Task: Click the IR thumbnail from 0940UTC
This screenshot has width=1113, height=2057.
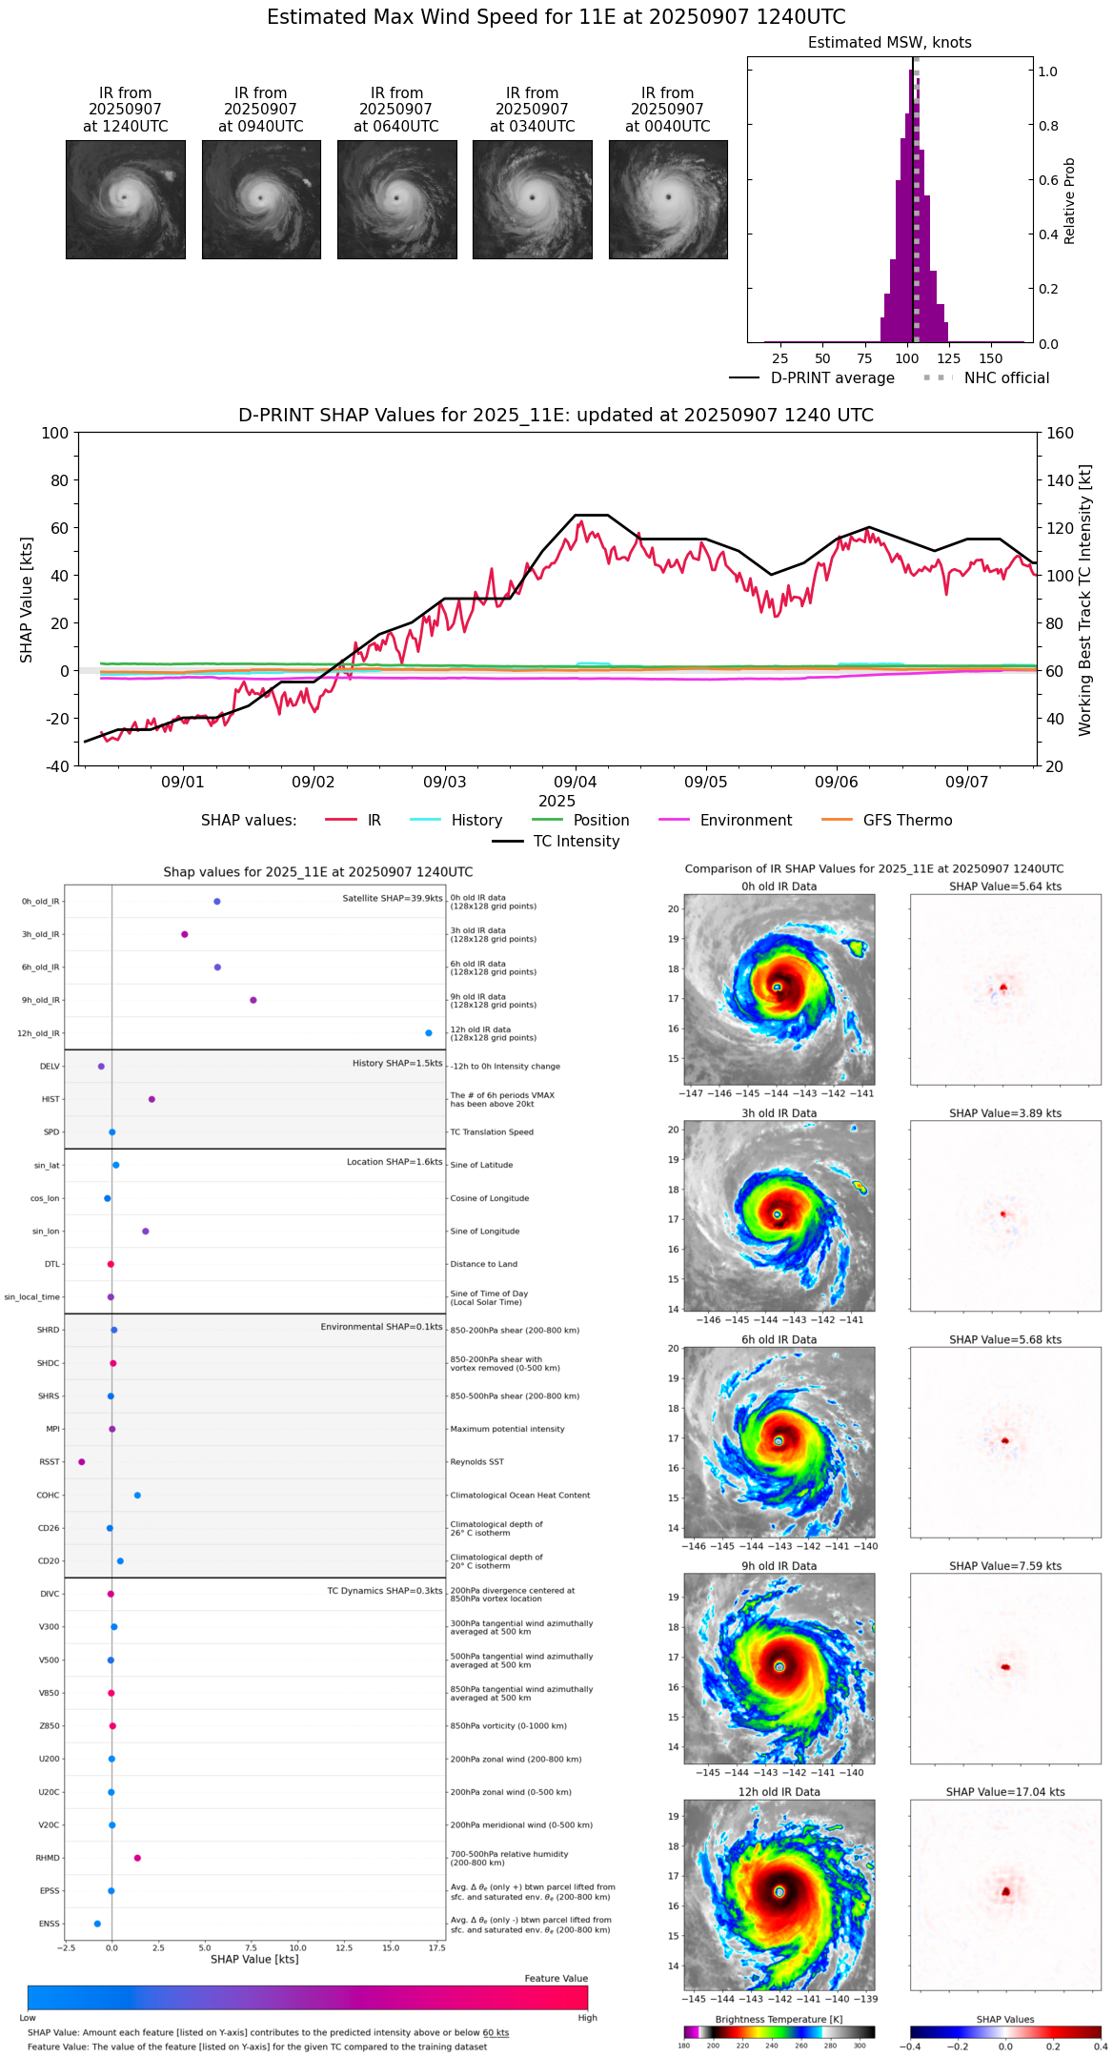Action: (x=261, y=199)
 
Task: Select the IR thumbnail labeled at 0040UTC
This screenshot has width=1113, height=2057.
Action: (x=668, y=199)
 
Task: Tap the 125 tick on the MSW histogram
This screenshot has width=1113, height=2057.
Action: (x=948, y=358)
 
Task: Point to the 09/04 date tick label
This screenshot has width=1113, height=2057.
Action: (x=575, y=782)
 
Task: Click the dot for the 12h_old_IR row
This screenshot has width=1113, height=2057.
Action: (x=429, y=1033)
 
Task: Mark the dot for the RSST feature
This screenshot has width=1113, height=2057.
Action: (x=81, y=1462)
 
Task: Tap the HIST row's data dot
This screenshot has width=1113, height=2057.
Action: (x=152, y=1099)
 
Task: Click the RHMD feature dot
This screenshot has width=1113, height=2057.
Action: (x=137, y=1858)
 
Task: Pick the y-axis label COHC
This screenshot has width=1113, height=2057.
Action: (x=48, y=1496)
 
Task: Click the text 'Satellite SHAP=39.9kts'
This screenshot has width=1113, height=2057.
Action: (x=393, y=898)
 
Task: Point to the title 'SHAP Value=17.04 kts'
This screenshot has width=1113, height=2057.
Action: (x=1005, y=1792)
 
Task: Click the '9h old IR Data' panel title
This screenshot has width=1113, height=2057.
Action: (x=779, y=1566)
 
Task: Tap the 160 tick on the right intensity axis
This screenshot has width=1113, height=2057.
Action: (x=1060, y=433)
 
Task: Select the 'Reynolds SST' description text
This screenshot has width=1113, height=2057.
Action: (x=477, y=1462)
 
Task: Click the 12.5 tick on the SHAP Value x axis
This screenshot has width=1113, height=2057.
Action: (x=345, y=1948)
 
